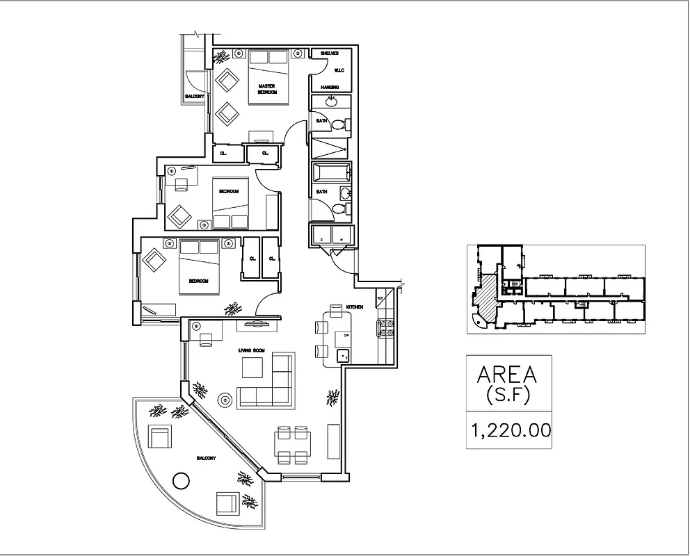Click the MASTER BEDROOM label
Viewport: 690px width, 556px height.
pyautogui.click(x=267, y=89)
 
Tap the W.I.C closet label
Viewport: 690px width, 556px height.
pyautogui.click(x=339, y=70)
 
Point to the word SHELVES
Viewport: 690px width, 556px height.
pyautogui.click(x=329, y=54)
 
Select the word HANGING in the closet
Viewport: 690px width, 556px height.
pyautogui.click(x=330, y=87)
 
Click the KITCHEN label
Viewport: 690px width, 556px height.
pyautogui.click(x=355, y=306)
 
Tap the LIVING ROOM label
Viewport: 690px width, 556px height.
pyautogui.click(x=251, y=350)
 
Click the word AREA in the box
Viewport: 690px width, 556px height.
pyautogui.click(x=507, y=375)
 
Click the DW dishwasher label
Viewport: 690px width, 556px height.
pyautogui.click(x=340, y=336)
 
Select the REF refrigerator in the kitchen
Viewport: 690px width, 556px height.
pyautogui.click(x=382, y=299)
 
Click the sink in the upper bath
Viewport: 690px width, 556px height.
pyautogui.click(x=330, y=103)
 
